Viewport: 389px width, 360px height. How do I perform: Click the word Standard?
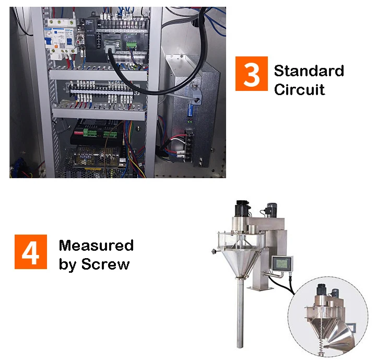click(309, 71)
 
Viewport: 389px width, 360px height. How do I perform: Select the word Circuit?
click(299, 89)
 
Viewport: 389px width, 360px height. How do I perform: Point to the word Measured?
click(96, 246)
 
